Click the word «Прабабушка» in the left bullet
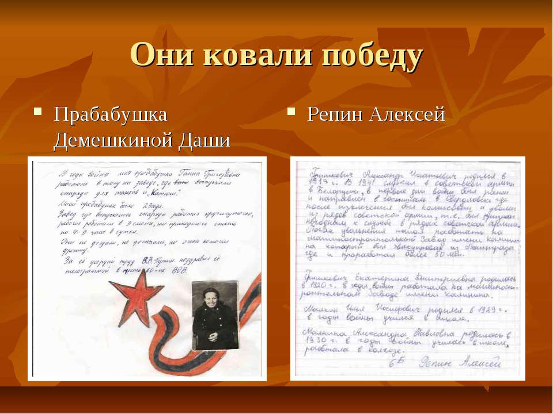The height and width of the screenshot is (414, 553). [x=111, y=114]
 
